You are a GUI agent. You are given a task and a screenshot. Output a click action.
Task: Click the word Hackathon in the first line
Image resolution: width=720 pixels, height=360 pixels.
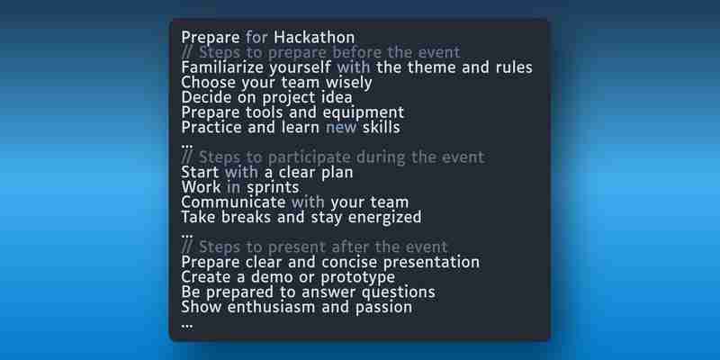[x=314, y=37]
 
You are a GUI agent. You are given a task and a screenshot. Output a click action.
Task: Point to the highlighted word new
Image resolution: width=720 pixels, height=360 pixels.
[x=341, y=128]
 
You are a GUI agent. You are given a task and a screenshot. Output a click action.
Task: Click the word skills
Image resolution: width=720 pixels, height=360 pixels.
[x=381, y=127]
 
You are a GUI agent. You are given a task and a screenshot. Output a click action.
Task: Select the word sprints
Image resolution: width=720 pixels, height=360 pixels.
[x=273, y=188]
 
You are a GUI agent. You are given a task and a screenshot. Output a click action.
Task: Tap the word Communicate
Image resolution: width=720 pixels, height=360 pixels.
[x=233, y=202]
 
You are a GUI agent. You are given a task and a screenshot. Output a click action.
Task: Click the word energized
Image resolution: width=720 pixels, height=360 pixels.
[x=385, y=218]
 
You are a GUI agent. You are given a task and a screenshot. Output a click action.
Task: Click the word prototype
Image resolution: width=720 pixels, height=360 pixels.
[x=357, y=278]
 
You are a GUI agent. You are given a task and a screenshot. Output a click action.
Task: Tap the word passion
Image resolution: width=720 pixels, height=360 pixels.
[x=383, y=308]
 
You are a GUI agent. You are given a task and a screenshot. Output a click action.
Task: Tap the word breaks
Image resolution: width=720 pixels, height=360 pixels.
[x=246, y=217]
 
